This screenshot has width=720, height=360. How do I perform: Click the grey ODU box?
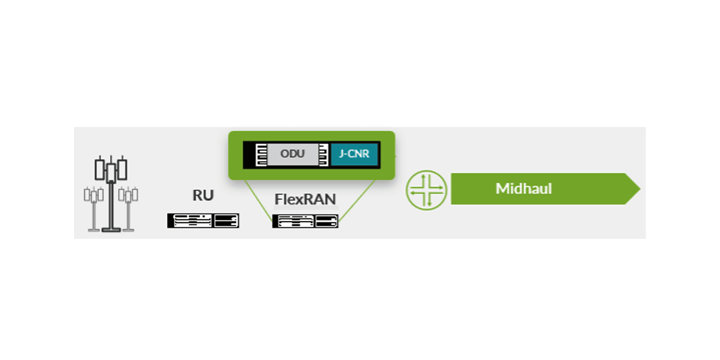[x=292, y=154]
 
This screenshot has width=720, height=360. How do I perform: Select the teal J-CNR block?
[x=354, y=154]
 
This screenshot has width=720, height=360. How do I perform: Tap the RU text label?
[x=203, y=196]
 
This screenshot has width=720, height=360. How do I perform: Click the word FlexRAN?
[x=305, y=199]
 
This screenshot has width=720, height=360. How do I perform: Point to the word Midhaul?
[x=524, y=189]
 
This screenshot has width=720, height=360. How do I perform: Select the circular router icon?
[x=426, y=190]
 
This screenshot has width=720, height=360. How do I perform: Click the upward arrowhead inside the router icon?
[x=423, y=176]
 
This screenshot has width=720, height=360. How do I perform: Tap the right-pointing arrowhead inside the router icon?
[x=440, y=187]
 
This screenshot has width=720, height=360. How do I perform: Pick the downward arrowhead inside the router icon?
[x=429, y=204]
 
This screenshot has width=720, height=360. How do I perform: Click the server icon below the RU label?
[x=203, y=220]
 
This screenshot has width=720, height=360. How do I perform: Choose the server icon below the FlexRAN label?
[x=305, y=221]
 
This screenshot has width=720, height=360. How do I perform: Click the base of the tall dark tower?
[x=111, y=229]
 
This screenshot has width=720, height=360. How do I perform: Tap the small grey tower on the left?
[x=94, y=208]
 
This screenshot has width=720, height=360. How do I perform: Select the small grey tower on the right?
[x=128, y=208]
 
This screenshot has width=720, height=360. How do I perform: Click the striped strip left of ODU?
[x=261, y=155]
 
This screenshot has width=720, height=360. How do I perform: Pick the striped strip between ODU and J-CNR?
[x=324, y=155]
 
